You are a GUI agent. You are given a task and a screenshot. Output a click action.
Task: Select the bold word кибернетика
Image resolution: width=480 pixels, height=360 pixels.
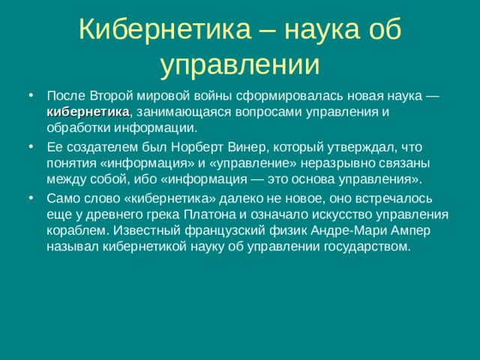click(88, 112)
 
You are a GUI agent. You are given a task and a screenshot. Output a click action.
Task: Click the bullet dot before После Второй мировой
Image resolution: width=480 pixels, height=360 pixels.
click(29, 97)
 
